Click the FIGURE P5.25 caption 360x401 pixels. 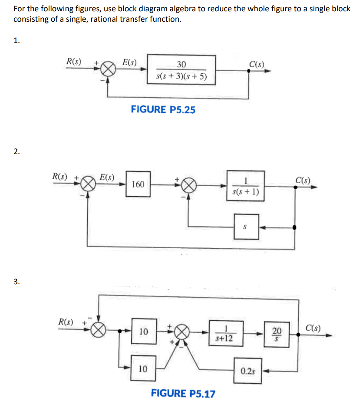tap(163, 109)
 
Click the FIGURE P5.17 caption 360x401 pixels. tap(183, 394)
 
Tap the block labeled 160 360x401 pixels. tap(138, 184)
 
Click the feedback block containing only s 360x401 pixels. tap(246, 226)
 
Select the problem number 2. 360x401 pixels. tap(16, 151)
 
